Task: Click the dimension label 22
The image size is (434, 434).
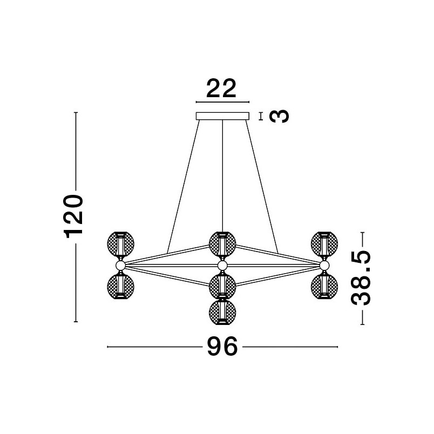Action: point(221,89)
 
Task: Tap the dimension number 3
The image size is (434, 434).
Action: point(279,116)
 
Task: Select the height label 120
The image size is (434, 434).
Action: point(73,216)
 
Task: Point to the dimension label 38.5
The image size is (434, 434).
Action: point(361,277)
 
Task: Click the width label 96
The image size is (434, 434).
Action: point(222,346)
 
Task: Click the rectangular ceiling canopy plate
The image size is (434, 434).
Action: point(222,116)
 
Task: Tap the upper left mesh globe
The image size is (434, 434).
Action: point(121,244)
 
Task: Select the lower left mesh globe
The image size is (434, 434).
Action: point(121,286)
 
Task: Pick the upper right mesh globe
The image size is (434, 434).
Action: point(324,244)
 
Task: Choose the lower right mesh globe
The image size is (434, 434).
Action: point(324,286)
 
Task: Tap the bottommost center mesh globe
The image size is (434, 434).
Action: point(222,312)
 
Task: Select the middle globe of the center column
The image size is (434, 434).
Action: point(222,286)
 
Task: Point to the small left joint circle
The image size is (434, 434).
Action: point(120,266)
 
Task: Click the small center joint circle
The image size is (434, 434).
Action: point(222,266)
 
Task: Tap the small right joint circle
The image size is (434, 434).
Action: point(324,266)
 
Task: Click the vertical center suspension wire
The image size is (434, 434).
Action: point(222,176)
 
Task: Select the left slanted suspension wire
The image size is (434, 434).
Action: point(183,187)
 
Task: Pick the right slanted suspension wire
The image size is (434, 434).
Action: point(262,187)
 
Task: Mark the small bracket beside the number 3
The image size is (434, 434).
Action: point(261,116)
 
